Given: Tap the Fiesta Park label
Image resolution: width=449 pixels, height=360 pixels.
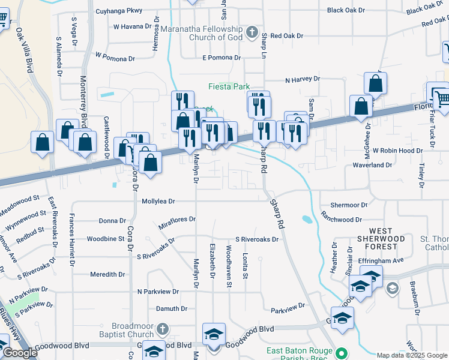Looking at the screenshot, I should click(x=229, y=86).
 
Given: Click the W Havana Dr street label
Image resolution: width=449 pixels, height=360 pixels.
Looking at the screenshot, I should click(x=124, y=26).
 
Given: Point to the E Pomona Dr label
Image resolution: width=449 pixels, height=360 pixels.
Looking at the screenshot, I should click(x=221, y=58).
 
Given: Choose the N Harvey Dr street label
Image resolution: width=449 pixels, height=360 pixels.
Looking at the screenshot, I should click(x=303, y=79).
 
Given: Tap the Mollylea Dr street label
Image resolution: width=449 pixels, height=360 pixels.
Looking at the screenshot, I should click(x=158, y=202).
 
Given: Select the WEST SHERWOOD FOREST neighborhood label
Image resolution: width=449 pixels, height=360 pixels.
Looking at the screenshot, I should click(x=381, y=238).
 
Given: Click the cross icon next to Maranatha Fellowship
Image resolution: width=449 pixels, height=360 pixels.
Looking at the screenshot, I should click(x=253, y=31).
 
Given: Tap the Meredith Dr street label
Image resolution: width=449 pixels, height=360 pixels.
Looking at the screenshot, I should click(x=107, y=274).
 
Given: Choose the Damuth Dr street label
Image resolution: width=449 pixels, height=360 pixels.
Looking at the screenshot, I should click(x=172, y=308).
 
